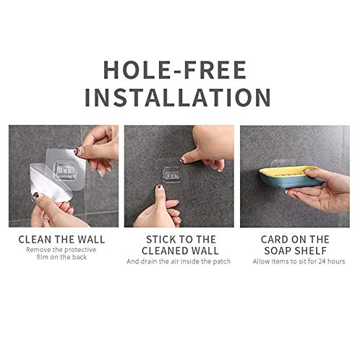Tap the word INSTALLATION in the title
click(x=180, y=96)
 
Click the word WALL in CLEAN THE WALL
click(x=90, y=239)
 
